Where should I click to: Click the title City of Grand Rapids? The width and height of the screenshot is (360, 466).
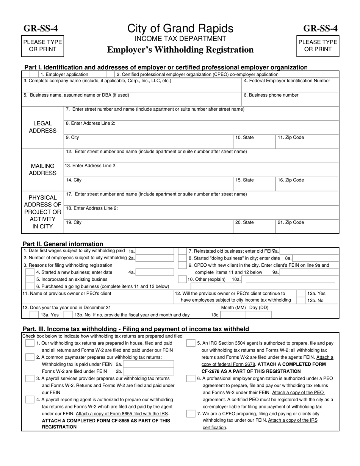coord(180,28)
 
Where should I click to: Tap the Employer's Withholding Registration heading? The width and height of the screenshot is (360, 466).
coord(180,50)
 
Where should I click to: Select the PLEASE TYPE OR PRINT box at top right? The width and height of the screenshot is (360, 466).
coord(318,46)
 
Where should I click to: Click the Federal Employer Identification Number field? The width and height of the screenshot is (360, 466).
coord(290,88)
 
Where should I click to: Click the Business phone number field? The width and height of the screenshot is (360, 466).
coord(290,101)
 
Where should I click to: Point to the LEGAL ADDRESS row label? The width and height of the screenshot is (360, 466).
coord(42,127)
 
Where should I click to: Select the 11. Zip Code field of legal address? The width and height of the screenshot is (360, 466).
coord(307,142)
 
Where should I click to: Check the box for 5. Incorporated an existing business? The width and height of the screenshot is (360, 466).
coord(30,279)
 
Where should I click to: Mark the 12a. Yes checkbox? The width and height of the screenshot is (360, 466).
coord(301,294)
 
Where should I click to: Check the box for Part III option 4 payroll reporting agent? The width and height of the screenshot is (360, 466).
coord(30,400)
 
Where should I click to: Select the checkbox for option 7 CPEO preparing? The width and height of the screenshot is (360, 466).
coord(191,414)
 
